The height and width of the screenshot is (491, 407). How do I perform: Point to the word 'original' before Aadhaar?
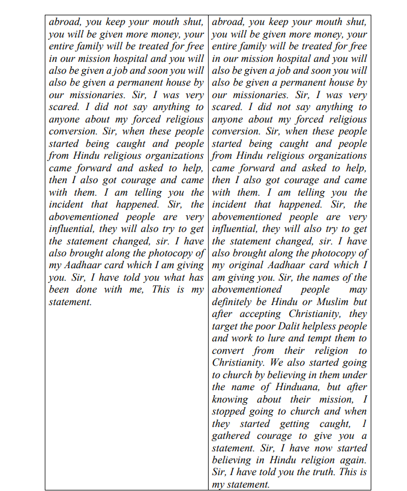pyautogui.click(x=243, y=265)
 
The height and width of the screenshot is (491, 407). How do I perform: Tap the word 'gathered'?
pyautogui.click(x=231, y=435)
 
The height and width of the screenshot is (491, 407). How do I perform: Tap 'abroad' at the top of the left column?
pyautogui.click(x=65, y=22)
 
